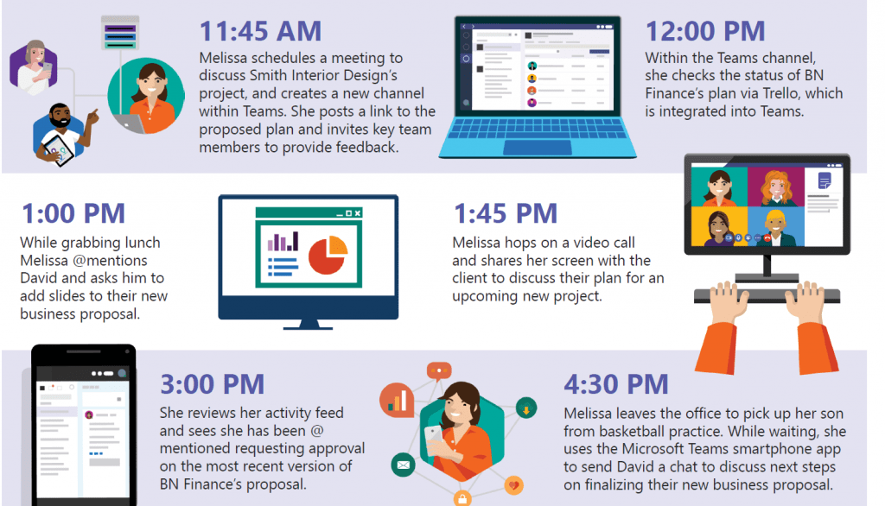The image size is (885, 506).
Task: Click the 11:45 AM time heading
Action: click(260, 31)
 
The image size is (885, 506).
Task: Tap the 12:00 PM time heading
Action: click(705, 31)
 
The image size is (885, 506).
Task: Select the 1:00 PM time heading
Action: click(73, 213)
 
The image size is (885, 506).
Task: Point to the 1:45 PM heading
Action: click(506, 213)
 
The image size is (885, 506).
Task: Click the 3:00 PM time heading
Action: click(213, 384)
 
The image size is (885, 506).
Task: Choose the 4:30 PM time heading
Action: click(616, 384)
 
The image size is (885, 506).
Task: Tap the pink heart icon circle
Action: click(513, 485)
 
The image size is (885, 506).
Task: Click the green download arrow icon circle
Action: click(525, 408)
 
